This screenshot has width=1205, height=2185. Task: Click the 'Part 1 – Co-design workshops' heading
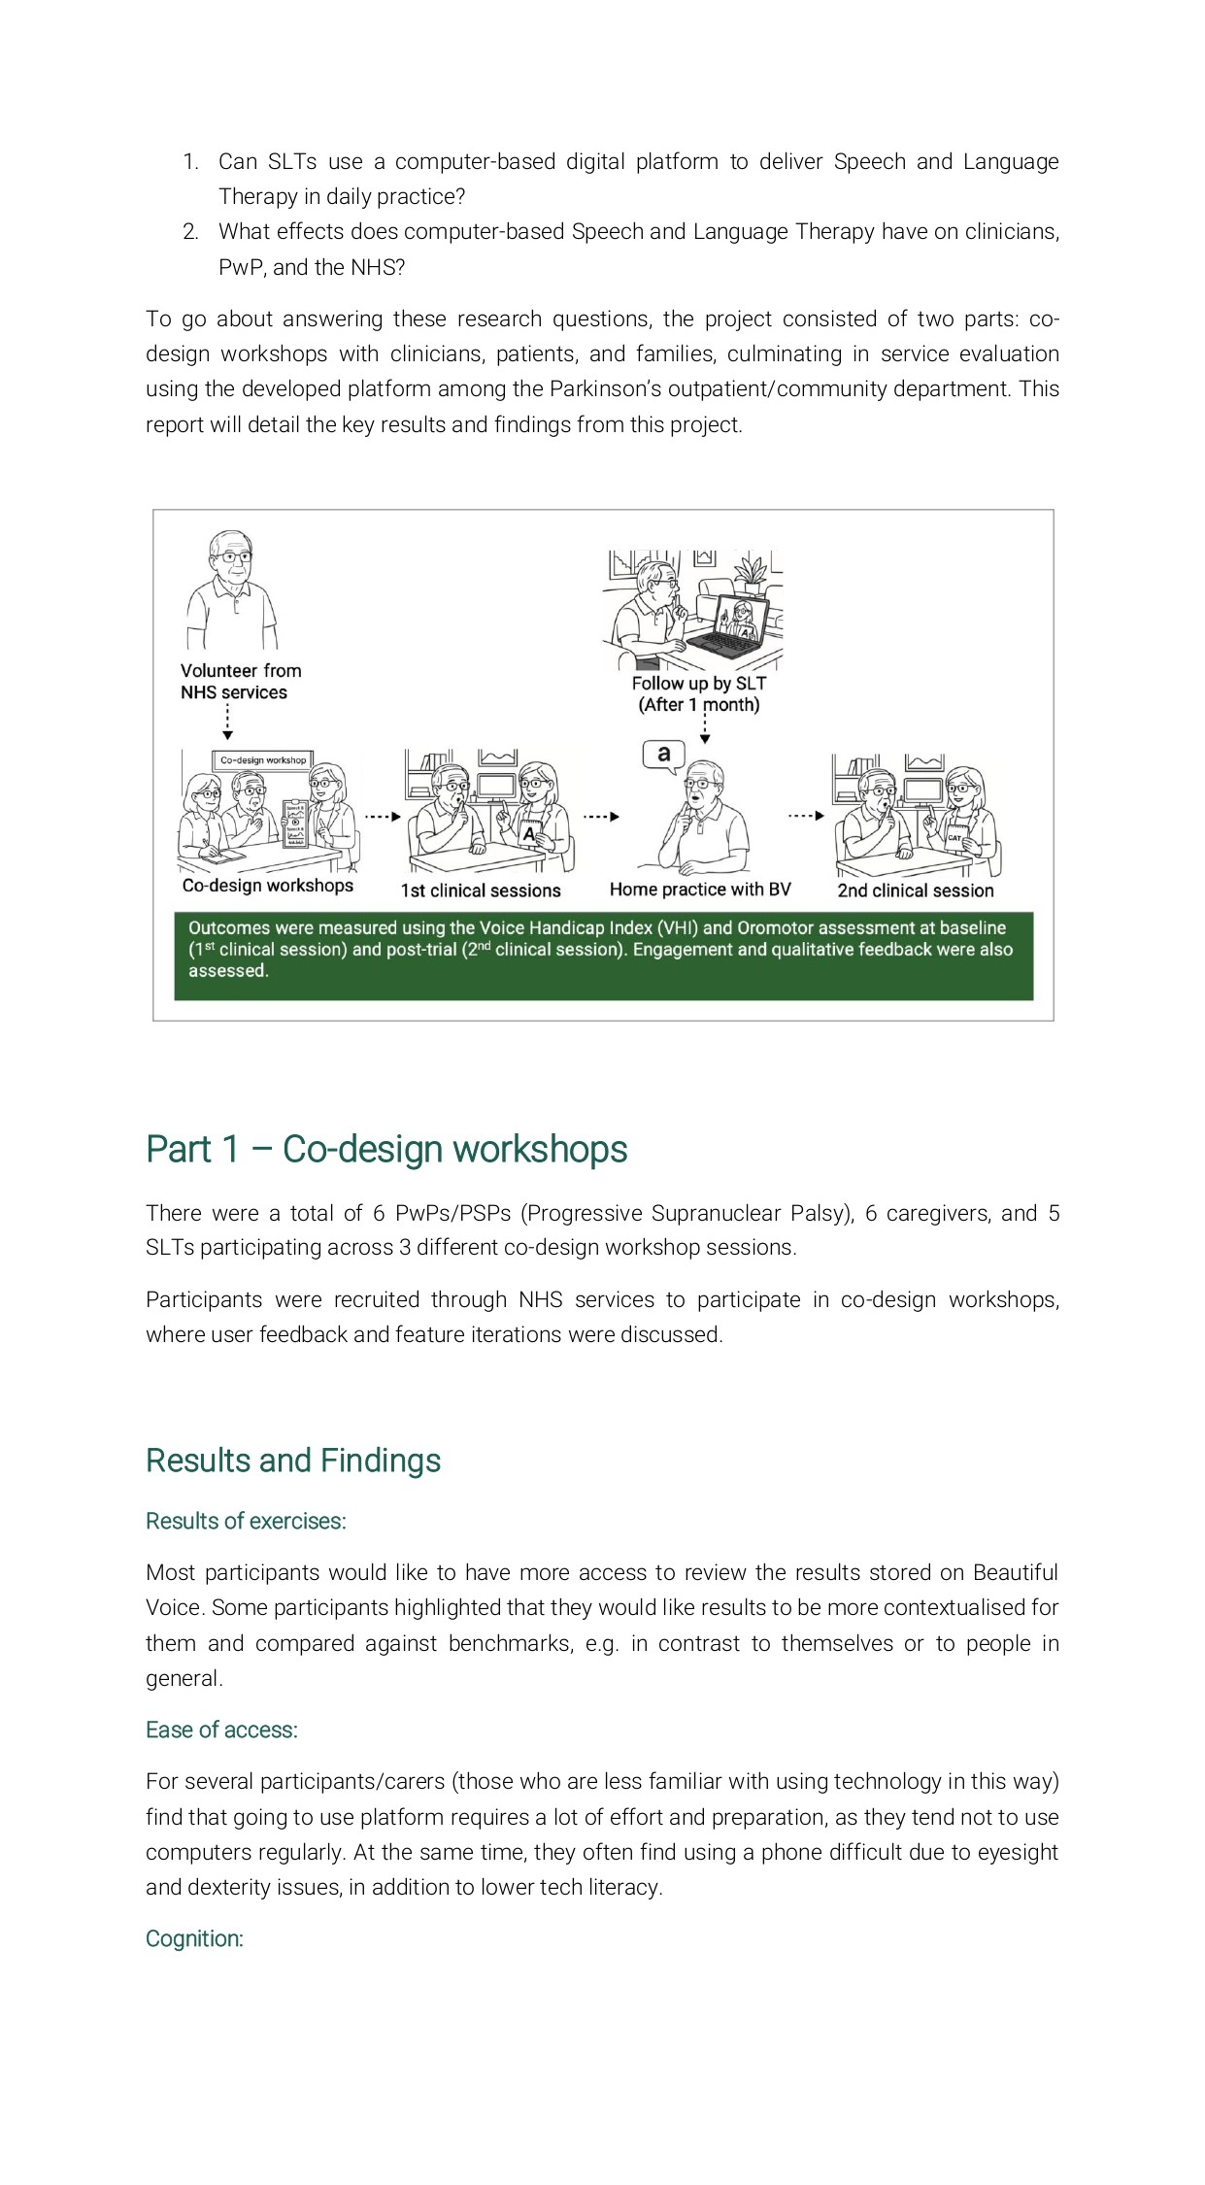click(x=385, y=1149)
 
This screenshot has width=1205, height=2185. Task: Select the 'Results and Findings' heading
click(x=292, y=1461)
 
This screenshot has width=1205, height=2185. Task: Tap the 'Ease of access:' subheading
click(x=221, y=1730)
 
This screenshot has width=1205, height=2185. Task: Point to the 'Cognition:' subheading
click(x=194, y=1938)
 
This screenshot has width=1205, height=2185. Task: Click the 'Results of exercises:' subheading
click(x=246, y=1521)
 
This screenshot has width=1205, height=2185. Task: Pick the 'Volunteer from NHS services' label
click(x=241, y=682)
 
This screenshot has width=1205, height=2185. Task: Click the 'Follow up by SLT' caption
click(x=698, y=684)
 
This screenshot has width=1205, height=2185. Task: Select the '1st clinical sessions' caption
click(x=481, y=891)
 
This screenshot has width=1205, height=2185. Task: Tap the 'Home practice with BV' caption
click(x=700, y=890)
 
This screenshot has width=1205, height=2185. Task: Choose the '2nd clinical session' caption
click(x=916, y=891)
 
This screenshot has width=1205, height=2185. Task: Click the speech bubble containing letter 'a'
click(x=664, y=755)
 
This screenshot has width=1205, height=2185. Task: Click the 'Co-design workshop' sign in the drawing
click(x=262, y=760)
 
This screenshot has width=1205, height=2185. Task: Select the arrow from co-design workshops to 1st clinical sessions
click(x=383, y=817)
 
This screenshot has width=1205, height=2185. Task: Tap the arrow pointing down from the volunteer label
click(x=227, y=723)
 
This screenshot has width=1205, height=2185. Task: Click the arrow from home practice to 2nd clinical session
click(x=806, y=816)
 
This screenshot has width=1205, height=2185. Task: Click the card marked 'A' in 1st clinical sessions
click(x=529, y=833)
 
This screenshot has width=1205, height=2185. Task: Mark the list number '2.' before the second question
click(x=190, y=232)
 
